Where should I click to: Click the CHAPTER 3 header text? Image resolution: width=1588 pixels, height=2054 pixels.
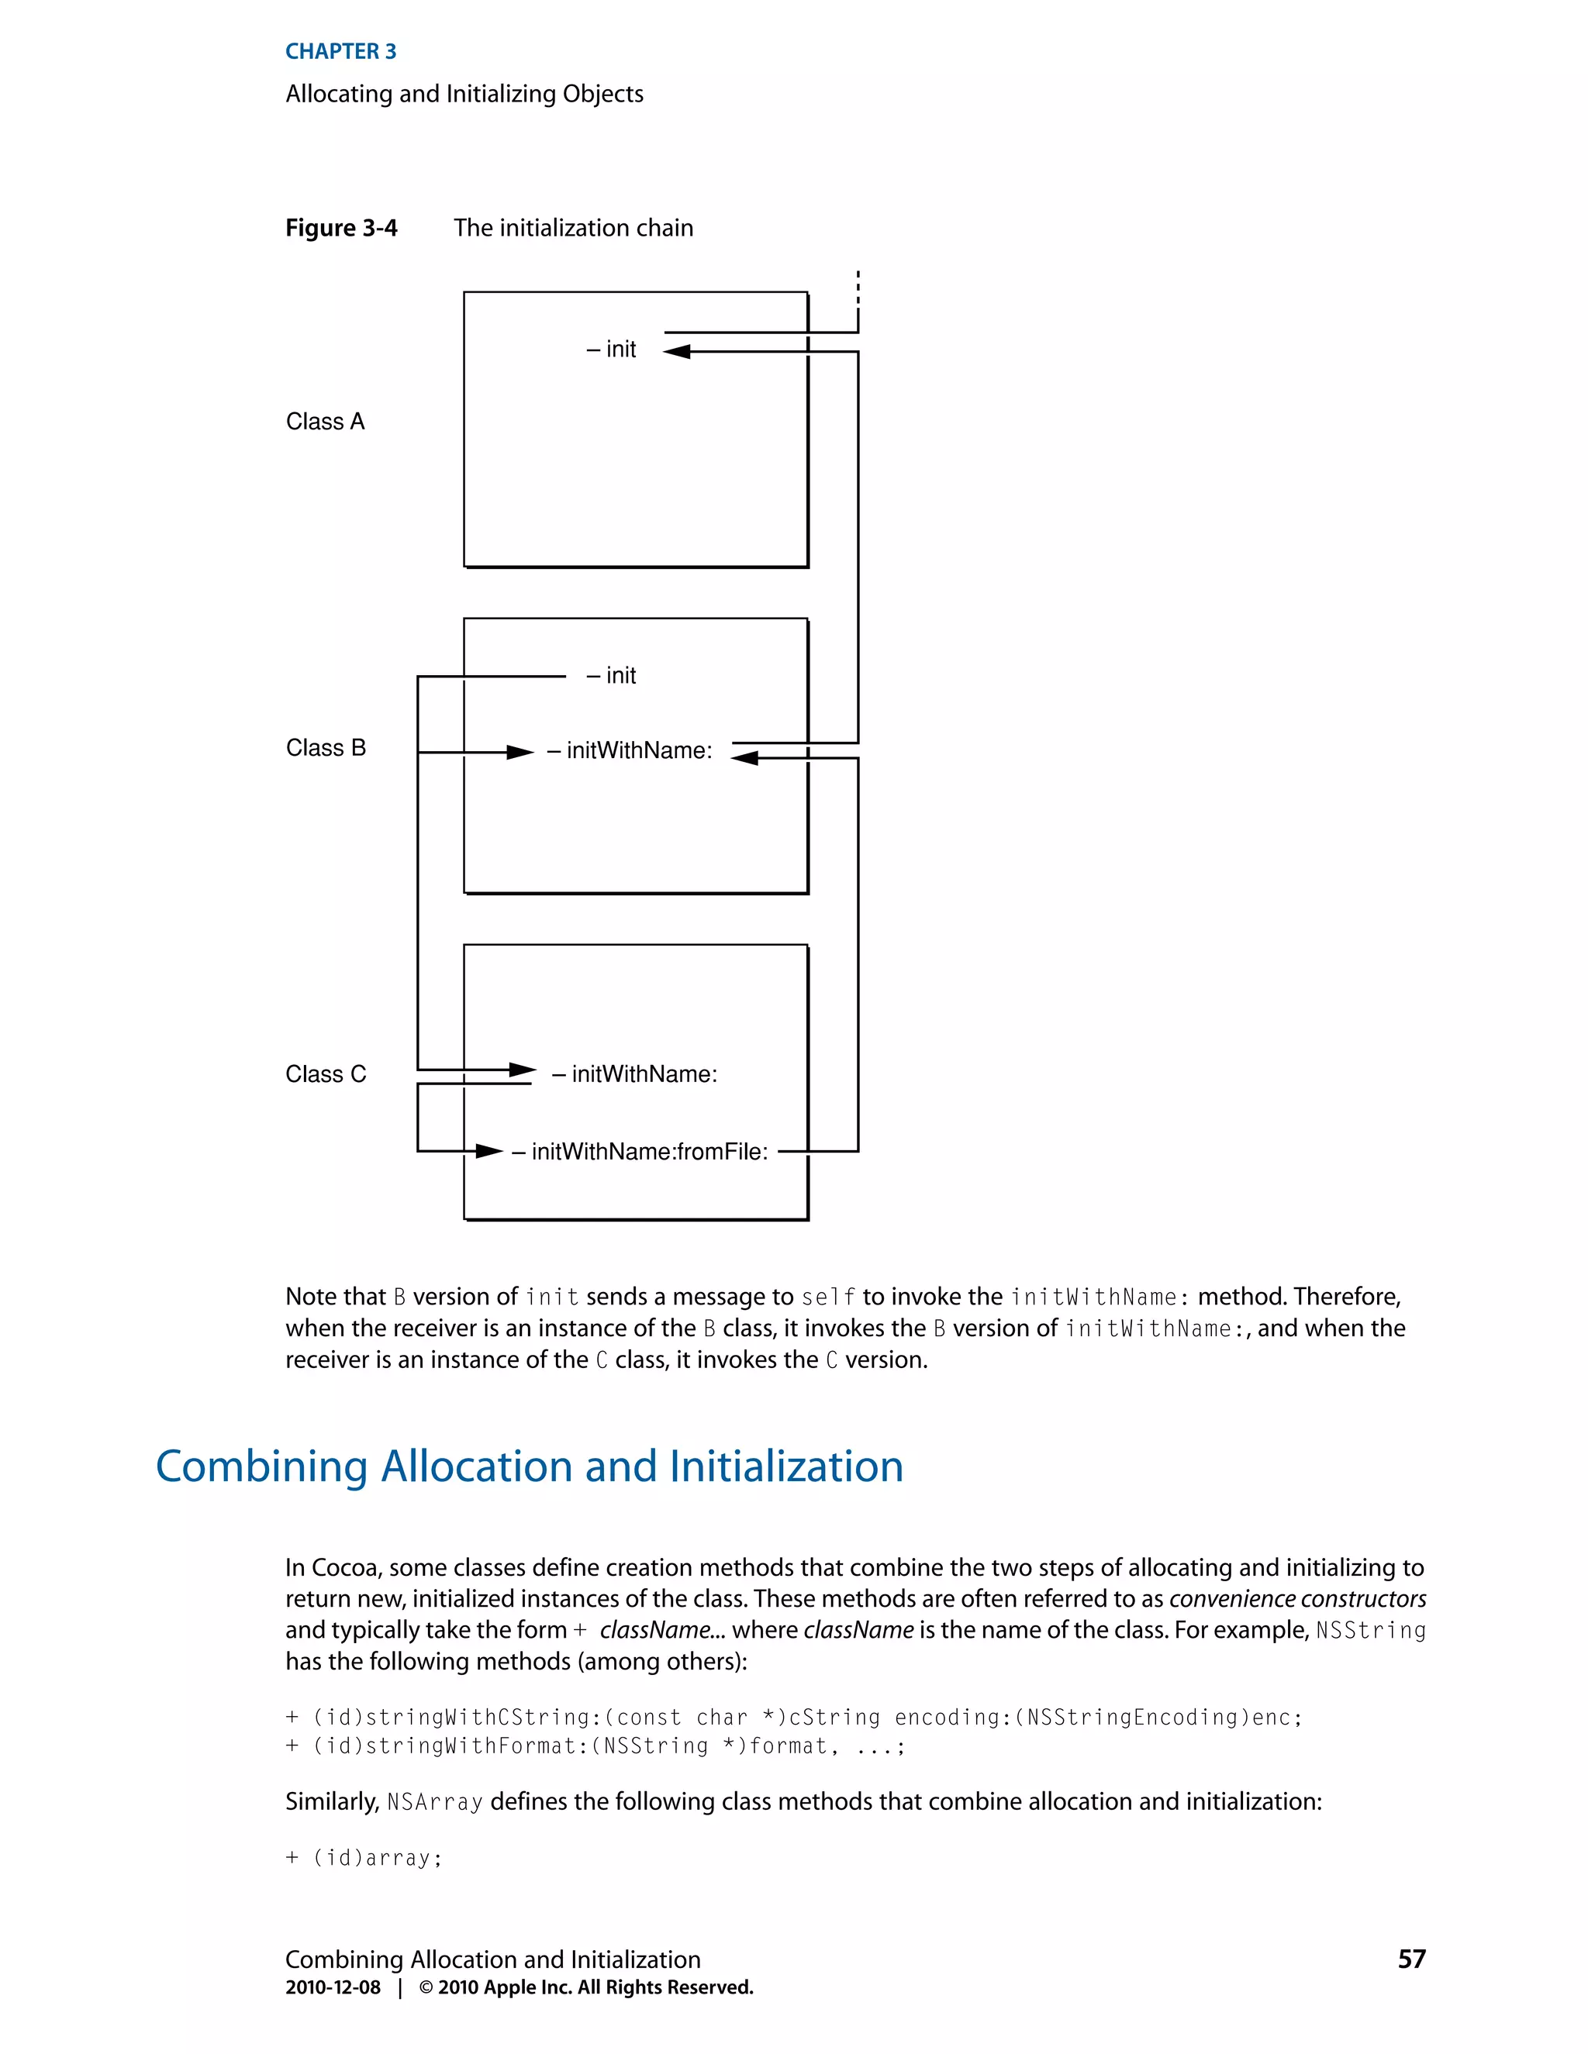[x=340, y=52]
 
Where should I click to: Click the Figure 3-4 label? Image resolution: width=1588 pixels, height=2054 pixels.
[x=341, y=229]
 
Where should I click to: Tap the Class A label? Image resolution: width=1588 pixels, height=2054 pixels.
[x=325, y=422]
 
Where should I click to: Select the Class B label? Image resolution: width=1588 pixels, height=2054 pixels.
[x=326, y=748]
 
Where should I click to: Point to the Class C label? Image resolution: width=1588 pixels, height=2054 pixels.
[x=326, y=1074]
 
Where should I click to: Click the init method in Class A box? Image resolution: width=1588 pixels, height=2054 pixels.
[x=612, y=350]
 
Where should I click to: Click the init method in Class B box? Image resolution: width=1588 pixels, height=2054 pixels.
[x=612, y=676]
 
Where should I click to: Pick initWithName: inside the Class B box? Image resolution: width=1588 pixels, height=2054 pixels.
[x=630, y=750]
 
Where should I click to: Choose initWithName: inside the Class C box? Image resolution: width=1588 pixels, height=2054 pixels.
[x=635, y=1074]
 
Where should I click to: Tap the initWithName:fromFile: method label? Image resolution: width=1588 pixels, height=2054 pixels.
[x=640, y=1152]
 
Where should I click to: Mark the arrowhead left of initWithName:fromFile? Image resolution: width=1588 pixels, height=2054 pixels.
[x=489, y=1151]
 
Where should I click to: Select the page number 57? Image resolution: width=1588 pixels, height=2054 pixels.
[x=1411, y=1959]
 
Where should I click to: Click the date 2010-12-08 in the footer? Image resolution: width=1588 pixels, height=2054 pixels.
[x=333, y=1987]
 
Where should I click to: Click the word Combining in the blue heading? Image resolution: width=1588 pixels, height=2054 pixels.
[x=261, y=1467]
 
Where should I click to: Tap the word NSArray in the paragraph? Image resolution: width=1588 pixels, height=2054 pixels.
[x=435, y=1802]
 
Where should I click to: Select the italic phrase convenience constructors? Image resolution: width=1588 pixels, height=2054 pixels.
[x=1297, y=1599]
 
